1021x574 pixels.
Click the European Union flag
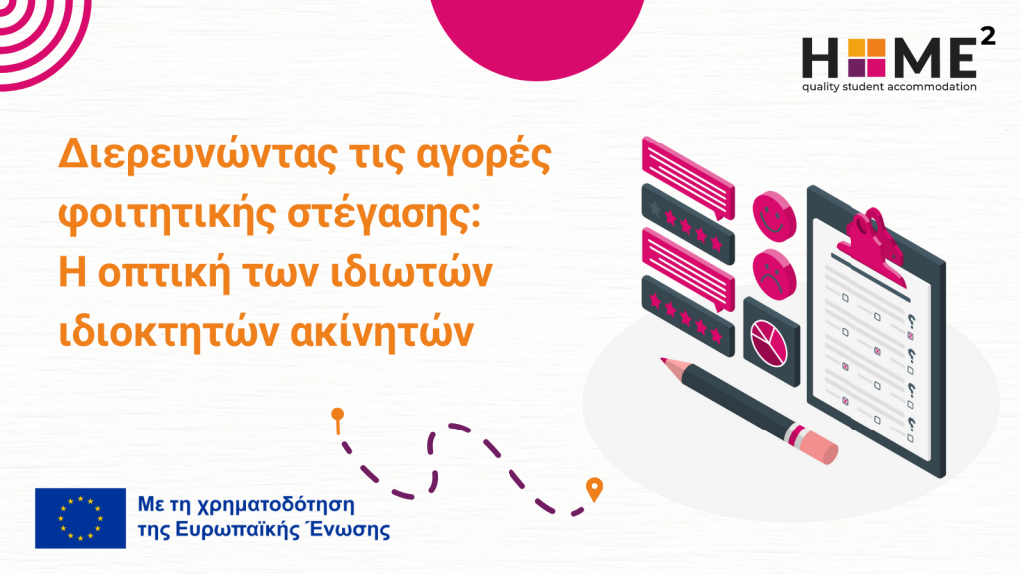(x=80, y=518)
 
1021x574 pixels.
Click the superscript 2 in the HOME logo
(x=988, y=37)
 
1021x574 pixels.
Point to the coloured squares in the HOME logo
(x=866, y=57)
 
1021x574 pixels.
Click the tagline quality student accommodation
(x=888, y=86)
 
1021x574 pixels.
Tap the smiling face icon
(x=774, y=216)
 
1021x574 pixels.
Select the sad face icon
(x=774, y=275)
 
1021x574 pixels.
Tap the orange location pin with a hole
(x=594, y=489)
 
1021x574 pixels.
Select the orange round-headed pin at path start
(x=337, y=421)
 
